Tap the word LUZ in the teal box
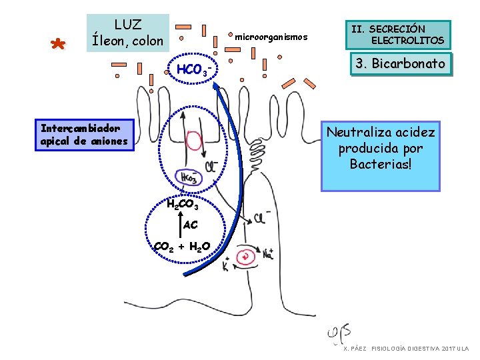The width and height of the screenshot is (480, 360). tap(127, 25)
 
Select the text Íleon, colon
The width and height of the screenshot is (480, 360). tap(127, 41)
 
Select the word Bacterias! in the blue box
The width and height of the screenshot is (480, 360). tap(380, 163)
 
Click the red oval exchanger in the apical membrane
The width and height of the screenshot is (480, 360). tap(195, 141)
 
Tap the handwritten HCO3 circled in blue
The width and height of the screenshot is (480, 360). tap(188, 177)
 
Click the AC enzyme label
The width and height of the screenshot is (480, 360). tap(190, 225)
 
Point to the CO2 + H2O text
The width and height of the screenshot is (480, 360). tap(182, 247)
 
